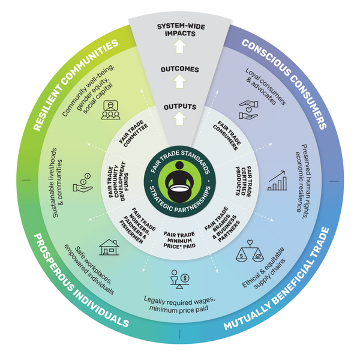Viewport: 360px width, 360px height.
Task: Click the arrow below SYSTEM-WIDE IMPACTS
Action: (179, 46)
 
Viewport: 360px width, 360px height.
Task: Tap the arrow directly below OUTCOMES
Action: (179, 82)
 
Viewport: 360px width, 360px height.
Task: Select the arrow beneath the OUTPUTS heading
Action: (179, 118)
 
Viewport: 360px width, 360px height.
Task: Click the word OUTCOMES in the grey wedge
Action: (180, 70)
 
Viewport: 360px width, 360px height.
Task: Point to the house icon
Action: (109, 247)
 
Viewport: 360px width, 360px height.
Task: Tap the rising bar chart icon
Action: (277, 181)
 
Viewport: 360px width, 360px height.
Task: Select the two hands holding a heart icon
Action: (248, 110)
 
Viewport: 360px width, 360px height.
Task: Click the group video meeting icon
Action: (110, 110)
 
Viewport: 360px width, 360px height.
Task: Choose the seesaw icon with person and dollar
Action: (180, 279)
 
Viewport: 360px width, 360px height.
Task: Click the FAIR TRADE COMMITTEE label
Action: (134, 133)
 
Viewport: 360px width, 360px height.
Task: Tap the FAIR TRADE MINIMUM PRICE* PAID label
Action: (179, 240)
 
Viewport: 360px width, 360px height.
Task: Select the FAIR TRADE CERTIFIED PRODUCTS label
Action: (244, 182)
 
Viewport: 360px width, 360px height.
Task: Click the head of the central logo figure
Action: (179, 166)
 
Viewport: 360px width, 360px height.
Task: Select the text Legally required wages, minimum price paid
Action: (179, 304)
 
